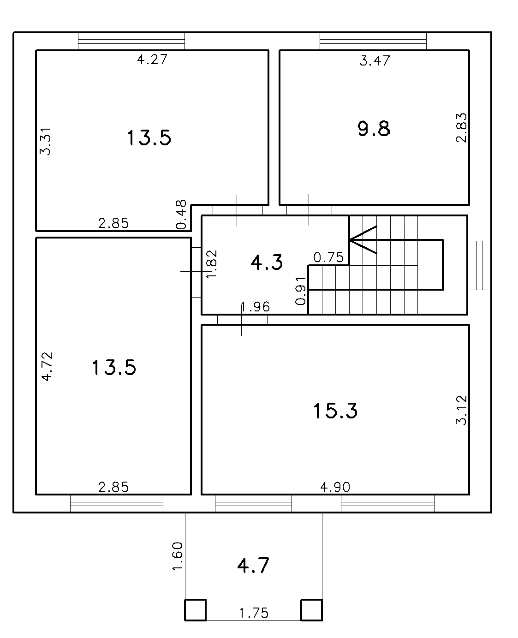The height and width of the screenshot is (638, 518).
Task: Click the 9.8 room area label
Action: [374, 129]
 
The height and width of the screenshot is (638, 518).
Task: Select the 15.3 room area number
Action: [335, 411]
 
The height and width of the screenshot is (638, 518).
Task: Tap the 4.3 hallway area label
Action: [267, 262]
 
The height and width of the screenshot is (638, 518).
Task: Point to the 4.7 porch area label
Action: [253, 566]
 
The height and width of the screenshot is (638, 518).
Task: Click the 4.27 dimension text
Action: [152, 60]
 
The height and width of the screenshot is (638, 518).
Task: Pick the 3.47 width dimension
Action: [375, 60]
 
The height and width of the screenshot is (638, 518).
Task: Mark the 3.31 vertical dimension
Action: [46, 141]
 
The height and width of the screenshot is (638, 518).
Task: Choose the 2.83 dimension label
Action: [461, 128]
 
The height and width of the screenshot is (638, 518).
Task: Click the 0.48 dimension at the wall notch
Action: [181, 215]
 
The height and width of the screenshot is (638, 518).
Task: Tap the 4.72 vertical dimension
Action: [47, 366]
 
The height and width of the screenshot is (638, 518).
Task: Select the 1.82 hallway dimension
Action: [211, 264]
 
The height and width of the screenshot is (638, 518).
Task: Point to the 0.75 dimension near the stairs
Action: [328, 257]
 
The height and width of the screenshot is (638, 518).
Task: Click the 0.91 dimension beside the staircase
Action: [301, 291]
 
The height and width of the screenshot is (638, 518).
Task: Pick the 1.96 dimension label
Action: [256, 307]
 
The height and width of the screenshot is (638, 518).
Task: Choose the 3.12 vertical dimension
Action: [461, 410]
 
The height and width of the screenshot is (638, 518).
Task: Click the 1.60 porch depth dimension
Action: [177, 556]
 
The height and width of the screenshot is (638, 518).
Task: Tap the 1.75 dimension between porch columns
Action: [254, 613]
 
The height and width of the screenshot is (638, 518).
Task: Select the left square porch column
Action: [195, 610]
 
